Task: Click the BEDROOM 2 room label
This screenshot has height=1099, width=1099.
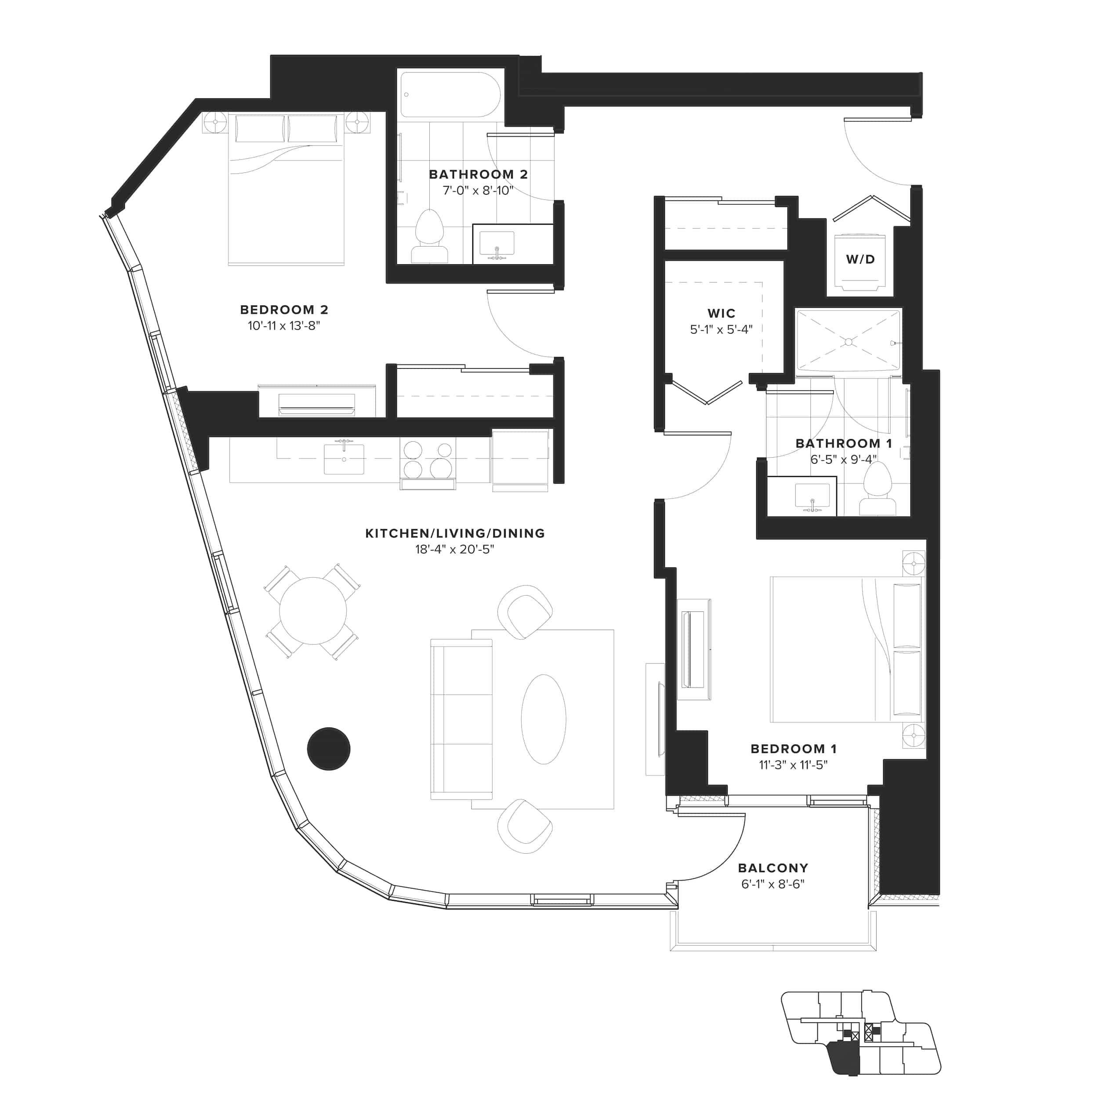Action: (x=284, y=309)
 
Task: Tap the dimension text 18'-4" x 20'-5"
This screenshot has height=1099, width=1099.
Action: (x=454, y=549)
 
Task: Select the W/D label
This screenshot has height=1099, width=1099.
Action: (x=860, y=259)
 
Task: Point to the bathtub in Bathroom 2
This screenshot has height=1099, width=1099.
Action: (x=450, y=95)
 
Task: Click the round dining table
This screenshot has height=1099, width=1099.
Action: (x=313, y=611)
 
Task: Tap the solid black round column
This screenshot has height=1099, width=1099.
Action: (x=329, y=749)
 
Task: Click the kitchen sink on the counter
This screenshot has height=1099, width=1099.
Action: (x=344, y=459)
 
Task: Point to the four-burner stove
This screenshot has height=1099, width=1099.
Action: (x=428, y=459)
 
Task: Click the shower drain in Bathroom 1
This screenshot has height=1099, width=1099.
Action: (x=848, y=342)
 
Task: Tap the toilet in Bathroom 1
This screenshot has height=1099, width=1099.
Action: (x=877, y=488)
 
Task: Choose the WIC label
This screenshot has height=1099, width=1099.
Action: (x=721, y=313)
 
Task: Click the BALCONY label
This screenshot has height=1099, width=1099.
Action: (x=773, y=868)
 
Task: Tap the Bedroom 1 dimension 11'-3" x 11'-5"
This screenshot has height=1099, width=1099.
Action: (x=793, y=765)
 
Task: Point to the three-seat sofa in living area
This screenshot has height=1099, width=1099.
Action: (x=461, y=719)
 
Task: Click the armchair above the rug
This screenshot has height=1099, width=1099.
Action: (x=525, y=612)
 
